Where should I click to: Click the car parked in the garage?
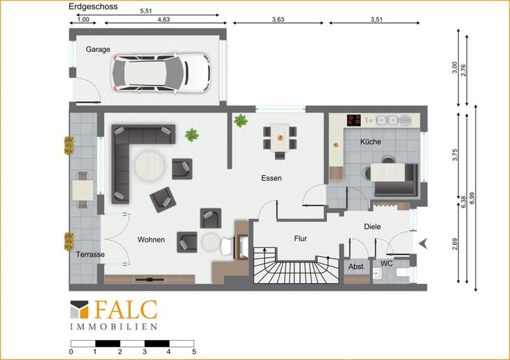click(161, 73)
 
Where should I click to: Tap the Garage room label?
click(98, 49)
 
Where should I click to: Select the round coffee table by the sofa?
click(150, 166)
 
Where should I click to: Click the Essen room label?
click(271, 178)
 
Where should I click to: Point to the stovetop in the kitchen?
click(354, 120)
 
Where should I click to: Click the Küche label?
click(371, 142)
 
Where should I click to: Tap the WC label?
click(387, 264)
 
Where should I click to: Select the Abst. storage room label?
click(357, 267)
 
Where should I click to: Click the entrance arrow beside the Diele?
click(423, 244)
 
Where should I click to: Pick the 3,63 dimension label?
click(278, 19)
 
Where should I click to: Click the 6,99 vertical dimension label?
click(473, 198)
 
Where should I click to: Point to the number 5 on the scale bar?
click(194, 352)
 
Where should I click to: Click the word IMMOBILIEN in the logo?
click(114, 327)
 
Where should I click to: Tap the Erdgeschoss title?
click(93, 6)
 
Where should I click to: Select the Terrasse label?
click(90, 254)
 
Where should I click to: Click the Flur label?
click(300, 238)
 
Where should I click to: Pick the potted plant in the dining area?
click(240, 120)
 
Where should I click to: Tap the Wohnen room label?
click(151, 240)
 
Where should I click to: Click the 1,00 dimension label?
click(83, 19)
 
